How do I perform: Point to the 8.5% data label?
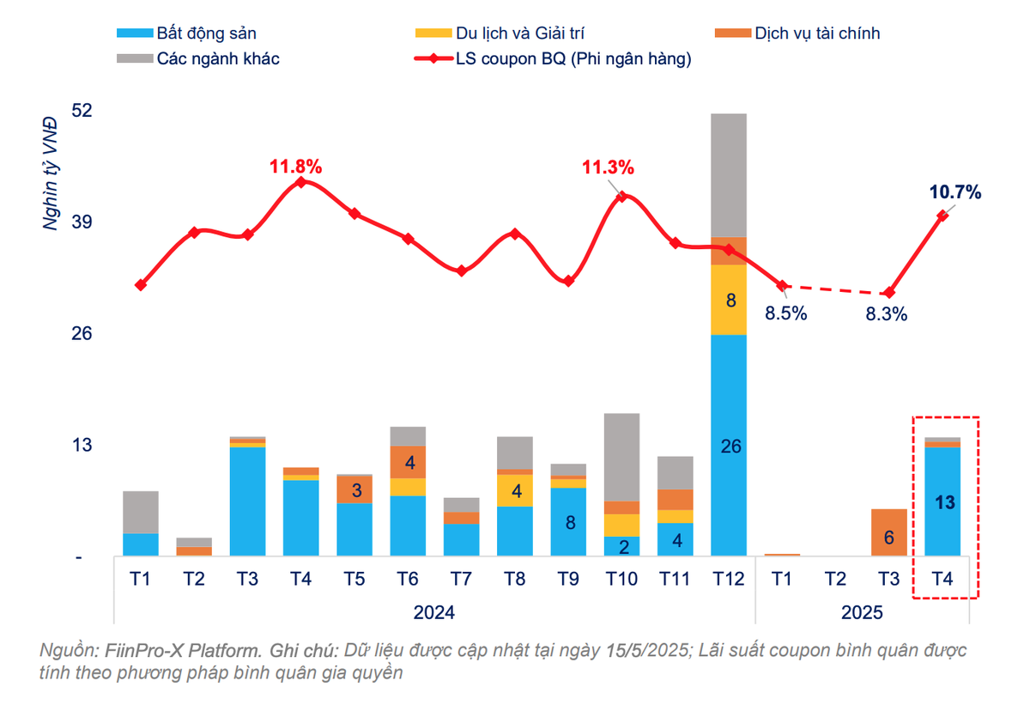786,313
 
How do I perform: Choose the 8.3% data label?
887,314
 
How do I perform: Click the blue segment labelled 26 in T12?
729,446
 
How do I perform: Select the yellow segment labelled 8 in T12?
729,300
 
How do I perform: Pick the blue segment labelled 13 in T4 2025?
942,503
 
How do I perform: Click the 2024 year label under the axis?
434,613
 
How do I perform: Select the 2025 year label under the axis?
862,613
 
